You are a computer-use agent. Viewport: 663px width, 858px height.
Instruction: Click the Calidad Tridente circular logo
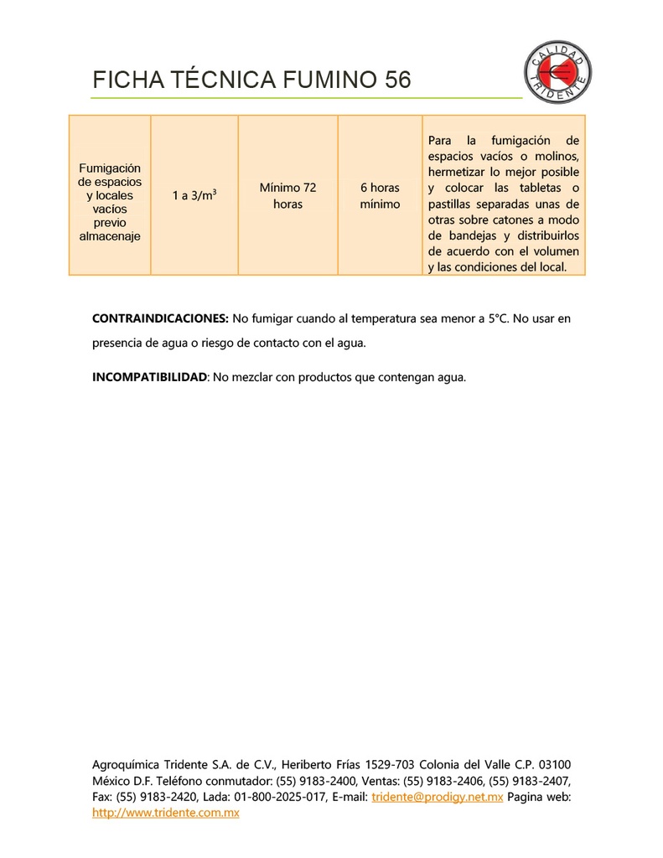[x=558, y=72]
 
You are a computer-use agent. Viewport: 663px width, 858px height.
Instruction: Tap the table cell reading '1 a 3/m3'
[x=194, y=195]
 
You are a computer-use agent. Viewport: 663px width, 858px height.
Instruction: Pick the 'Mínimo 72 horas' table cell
[x=287, y=195]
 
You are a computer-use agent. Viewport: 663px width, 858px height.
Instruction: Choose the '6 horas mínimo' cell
[x=380, y=195]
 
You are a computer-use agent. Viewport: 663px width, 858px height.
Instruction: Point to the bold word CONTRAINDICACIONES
[x=160, y=318]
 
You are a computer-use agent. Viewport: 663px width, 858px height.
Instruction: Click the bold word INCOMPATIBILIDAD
[x=149, y=377]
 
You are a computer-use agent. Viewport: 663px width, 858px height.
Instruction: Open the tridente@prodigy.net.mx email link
[x=437, y=797]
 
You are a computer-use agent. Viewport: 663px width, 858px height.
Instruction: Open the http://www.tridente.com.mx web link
[x=165, y=813]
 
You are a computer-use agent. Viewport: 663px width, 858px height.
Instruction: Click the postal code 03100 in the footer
[x=554, y=764]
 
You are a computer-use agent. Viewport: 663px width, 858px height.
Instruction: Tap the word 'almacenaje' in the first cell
[x=110, y=236]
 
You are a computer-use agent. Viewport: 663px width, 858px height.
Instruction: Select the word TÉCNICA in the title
[x=222, y=80]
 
